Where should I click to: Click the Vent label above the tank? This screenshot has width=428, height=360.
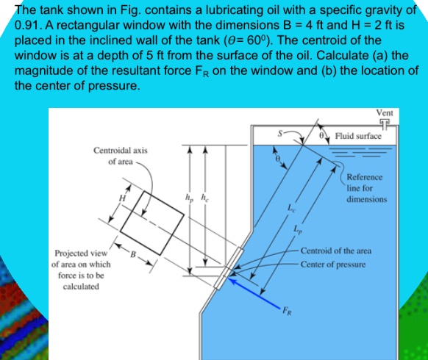(x=384, y=113)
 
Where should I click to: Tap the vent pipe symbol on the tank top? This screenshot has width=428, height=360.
(x=384, y=124)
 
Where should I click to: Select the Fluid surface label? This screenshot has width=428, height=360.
(x=358, y=136)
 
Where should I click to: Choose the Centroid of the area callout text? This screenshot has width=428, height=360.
(x=336, y=251)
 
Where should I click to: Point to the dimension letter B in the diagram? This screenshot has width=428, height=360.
(x=134, y=254)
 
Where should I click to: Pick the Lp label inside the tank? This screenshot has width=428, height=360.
(x=296, y=230)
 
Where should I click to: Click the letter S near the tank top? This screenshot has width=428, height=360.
(x=279, y=134)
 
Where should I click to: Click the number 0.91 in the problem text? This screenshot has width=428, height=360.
(x=27, y=24)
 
